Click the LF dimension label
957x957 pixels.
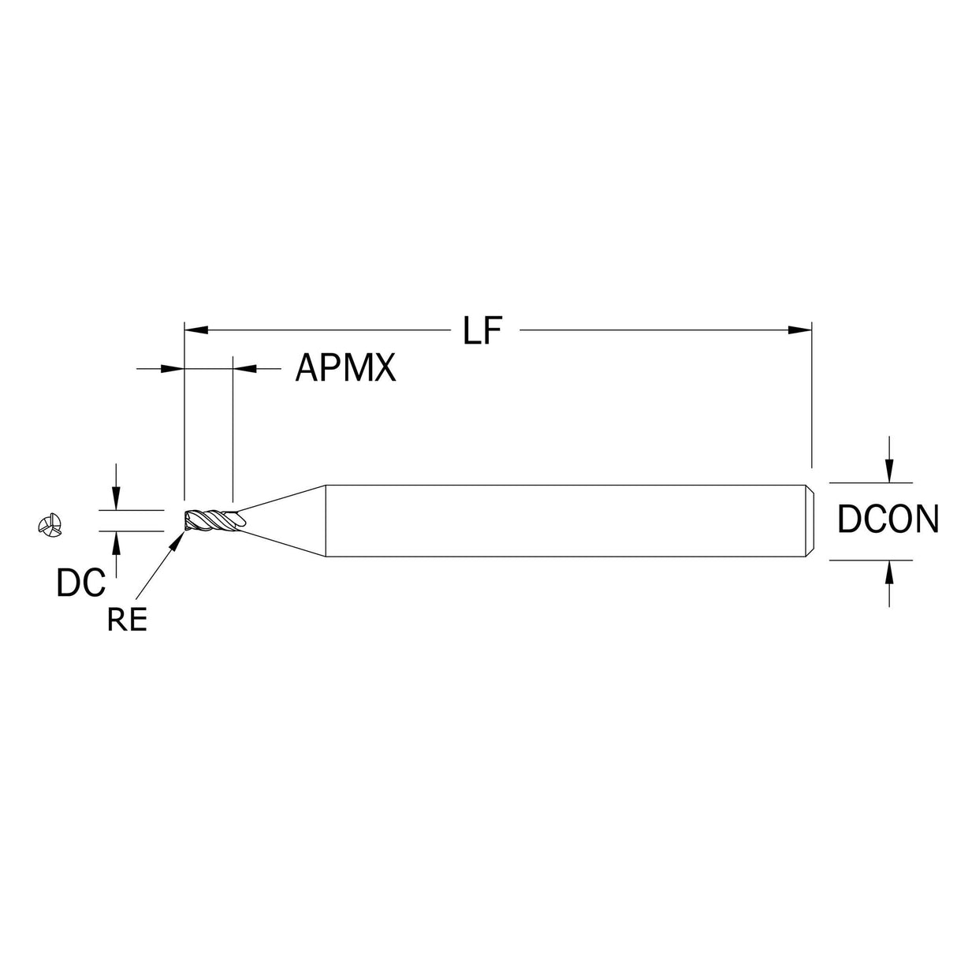point(482,330)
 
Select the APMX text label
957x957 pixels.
point(345,368)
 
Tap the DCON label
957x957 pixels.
point(888,519)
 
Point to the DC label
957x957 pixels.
point(81,583)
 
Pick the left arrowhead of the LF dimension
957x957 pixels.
point(196,330)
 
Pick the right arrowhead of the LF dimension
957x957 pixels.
point(799,330)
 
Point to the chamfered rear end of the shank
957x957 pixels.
point(810,521)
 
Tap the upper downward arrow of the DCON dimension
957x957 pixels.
point(889,469)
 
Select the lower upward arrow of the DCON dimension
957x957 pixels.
point(889,572)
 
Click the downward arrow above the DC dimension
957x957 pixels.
point(116,498)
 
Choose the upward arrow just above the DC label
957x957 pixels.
point(116,543)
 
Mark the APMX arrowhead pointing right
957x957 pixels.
point(173,368)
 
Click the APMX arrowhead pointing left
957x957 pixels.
point(244,368)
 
